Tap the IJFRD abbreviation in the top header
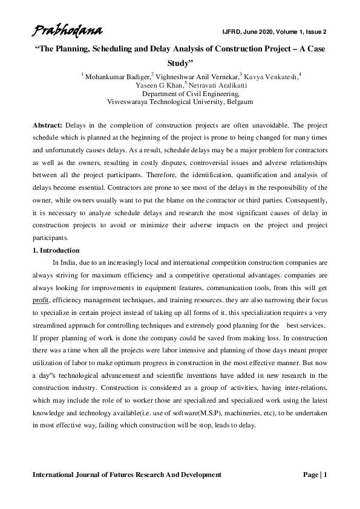tap(232, 31)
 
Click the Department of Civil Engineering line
tap(180, 94)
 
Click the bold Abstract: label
tap(47, 124)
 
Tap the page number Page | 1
tap(315, 475)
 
